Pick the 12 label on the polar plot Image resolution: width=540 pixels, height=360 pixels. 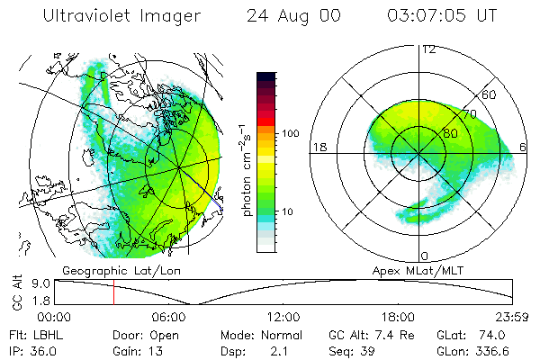[428, 49]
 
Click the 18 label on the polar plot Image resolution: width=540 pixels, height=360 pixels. [318, 147]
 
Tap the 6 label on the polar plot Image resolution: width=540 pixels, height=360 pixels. [523, 147]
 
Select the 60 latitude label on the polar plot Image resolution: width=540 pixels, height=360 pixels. [490, 94]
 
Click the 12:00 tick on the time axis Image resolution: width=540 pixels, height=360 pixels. [284, 318]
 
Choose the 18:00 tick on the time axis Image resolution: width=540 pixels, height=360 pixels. [399, 318]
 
